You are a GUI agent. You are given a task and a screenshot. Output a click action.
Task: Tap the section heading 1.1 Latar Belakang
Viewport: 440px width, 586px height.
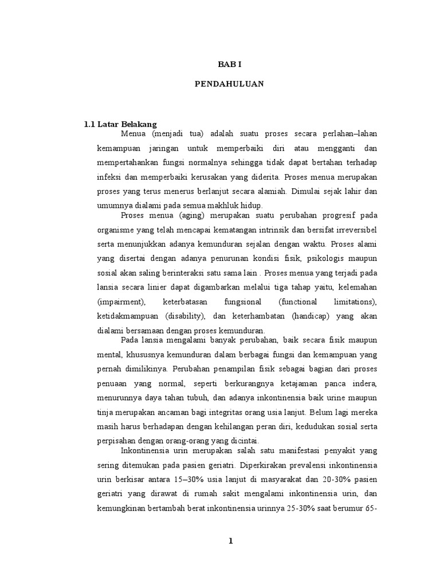[120, 124]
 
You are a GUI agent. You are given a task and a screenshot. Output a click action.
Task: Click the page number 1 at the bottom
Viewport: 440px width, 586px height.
[230, 542]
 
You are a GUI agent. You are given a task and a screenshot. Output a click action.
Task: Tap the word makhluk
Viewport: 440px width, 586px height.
[227, 205]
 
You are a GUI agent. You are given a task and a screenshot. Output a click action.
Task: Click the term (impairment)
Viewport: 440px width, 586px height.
[121, 301]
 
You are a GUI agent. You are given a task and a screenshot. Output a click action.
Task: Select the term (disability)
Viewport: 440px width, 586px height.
[184, 316]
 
